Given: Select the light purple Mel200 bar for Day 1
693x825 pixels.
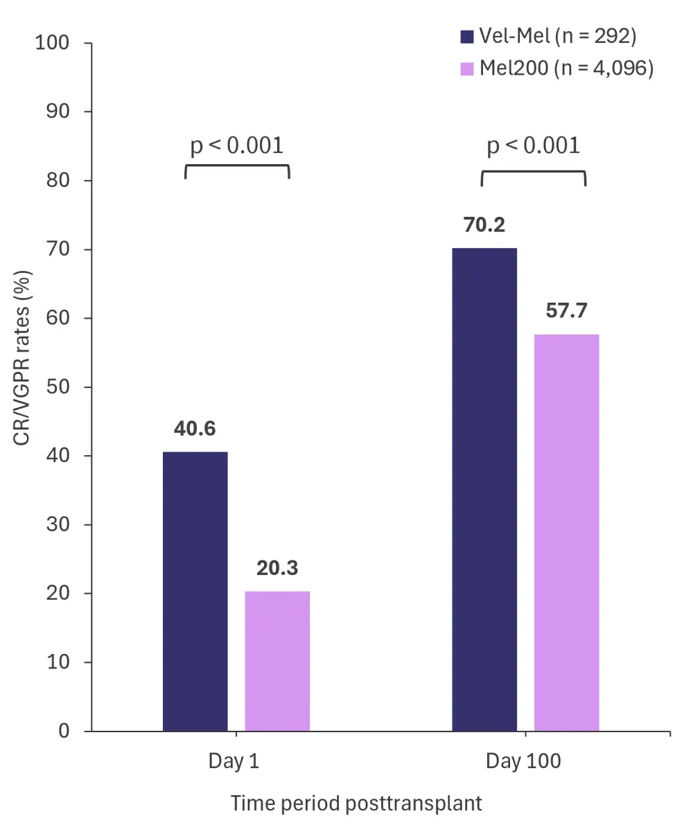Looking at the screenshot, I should click(277, 661).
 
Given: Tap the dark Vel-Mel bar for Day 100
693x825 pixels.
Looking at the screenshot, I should click(484, 489).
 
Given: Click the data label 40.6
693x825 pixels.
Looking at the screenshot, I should click(195, 429).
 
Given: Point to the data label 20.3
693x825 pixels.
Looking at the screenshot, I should click(277, 568).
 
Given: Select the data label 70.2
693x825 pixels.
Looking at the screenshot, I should click(484, 225).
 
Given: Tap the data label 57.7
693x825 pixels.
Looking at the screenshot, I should click(566, 310).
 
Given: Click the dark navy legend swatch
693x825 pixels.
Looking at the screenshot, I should click(467, 36).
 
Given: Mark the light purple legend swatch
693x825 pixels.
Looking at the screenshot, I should click(467, 69).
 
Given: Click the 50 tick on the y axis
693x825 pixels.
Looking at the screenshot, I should click(59, 387).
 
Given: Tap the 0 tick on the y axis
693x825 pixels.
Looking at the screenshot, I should click(65, 731).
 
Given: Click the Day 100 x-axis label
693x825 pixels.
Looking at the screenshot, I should click(523, 762).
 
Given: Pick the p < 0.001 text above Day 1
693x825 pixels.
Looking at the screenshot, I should click(237, 146).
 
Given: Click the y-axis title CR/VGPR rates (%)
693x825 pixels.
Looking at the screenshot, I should click(22, 358).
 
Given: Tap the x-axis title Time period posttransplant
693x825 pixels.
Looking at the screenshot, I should click(356, 804).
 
